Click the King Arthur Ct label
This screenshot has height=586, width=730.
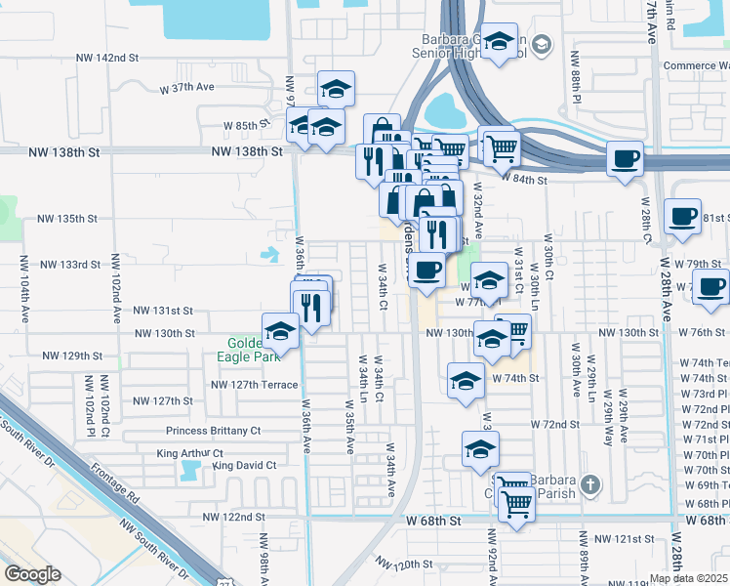point(190,454)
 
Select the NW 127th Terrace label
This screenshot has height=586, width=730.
point(255,385)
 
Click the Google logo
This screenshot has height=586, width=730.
point(32,574)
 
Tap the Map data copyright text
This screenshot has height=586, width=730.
point(689,578)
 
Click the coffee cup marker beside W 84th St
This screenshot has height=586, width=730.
point(625,157)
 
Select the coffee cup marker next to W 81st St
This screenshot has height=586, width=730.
point(682,215)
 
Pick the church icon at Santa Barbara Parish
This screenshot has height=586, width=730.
point(589,484)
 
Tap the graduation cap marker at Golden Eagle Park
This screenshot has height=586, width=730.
point(280,329)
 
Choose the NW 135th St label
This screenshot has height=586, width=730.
point(78,219)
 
